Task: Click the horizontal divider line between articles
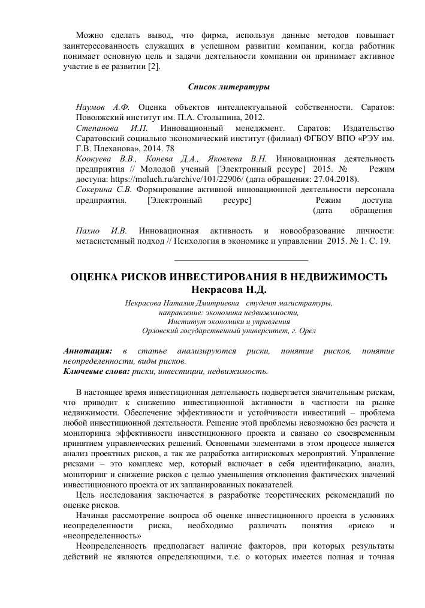click(x=240, y=260)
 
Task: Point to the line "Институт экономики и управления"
click(x=228, y=322)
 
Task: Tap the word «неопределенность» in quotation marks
click(x=103, y=535)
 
